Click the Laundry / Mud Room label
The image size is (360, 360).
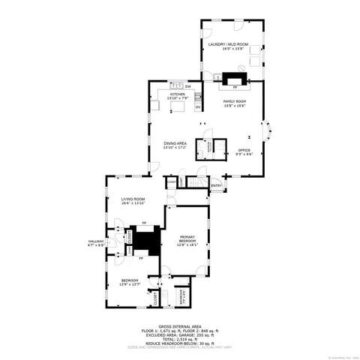click(232, 46)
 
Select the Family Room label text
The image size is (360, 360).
click(235, 103)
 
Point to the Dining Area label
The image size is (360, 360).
click(175, 145)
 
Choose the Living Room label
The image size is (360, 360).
click(133, 201)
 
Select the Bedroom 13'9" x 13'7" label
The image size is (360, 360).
click(130, 283)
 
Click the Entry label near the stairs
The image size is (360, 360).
click(216, 185)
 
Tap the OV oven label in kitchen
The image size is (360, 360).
click(198, 107)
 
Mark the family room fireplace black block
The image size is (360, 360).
click(235, 77)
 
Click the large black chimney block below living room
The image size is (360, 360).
click(148, 242)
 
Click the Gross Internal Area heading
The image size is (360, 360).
click(179, 328)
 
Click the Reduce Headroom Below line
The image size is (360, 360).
click(179, 344)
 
